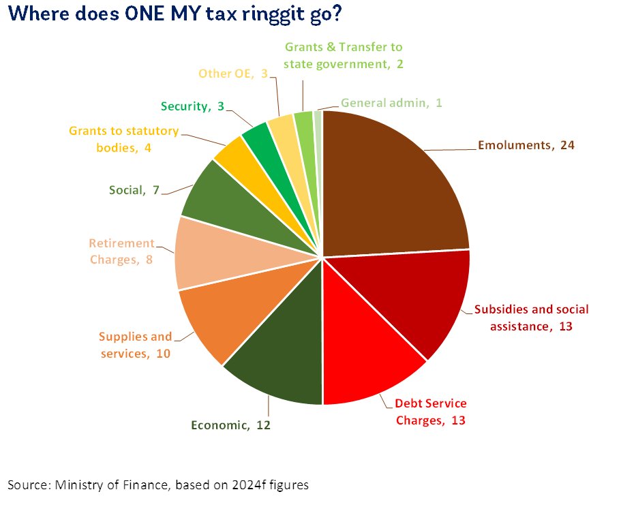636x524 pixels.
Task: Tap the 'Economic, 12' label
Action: click(230, 425)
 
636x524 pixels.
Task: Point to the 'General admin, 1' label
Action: click(391, 103)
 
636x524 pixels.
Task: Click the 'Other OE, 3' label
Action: click(232, 74)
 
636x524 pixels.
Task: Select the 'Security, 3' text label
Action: click(192, 106)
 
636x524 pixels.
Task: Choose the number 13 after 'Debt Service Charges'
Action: click(458, 420)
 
